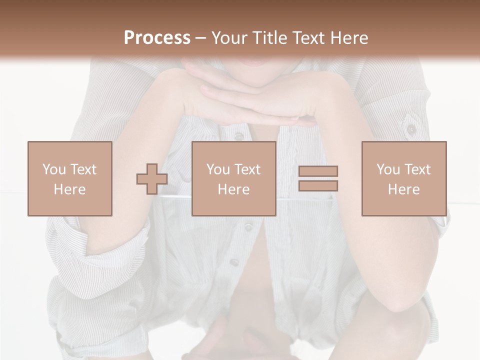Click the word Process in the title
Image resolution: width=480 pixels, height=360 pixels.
[x=157, y=38]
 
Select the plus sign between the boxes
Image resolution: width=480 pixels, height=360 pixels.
[x=152, y=179]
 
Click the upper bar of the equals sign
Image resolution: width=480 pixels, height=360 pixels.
[x=318, y=171]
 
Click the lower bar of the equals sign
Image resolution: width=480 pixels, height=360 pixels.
[x=318, y=186]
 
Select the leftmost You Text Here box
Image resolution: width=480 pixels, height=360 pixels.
[x=70, y=178]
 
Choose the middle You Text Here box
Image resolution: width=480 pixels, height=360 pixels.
[x=233, y=178]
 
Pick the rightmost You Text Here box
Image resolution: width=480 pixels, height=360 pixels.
[x=404, y=178]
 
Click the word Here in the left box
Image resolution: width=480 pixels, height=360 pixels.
[x=70, y=189]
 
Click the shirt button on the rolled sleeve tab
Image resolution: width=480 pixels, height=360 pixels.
[x=411, y=129]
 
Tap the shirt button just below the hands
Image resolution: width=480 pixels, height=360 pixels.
[x=239, y=136]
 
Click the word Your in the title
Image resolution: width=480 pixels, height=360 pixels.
[x=228, y=38]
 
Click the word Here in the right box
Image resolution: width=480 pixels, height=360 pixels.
[x=404, y=189]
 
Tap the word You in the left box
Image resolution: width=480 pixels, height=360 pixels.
[x=54, y=169]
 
